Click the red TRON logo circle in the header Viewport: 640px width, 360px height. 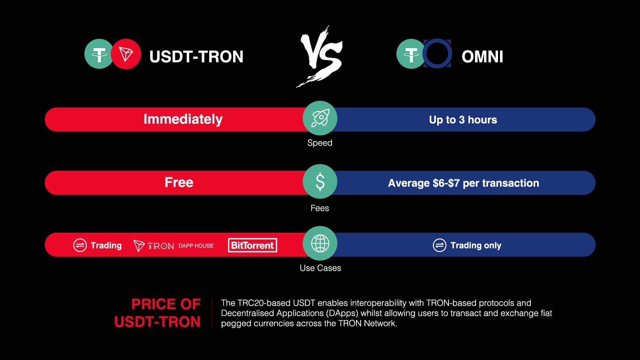(126, 54)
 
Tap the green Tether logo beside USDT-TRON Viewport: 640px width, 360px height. (99, 54)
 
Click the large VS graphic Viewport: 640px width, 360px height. (320, 56)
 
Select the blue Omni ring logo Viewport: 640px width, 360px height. (437, 54)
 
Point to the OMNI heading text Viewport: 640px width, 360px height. (482, 56)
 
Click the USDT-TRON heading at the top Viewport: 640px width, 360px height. (196, 56)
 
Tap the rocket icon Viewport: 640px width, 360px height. (320, 118)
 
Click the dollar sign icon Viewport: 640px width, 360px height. (320, 182)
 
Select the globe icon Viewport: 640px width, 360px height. (320, 244)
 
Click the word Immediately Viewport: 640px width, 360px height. (183, 120)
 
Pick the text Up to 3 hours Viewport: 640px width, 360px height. (463, 120)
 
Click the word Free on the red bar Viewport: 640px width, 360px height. (179, 182)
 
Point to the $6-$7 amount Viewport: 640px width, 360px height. (446, 183)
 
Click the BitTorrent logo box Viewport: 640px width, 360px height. (252, 245)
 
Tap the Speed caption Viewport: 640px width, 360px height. (320, 143)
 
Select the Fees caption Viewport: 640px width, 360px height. (320, 208)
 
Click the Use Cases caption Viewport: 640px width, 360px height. (320, 268)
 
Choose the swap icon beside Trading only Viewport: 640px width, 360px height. (440, 245)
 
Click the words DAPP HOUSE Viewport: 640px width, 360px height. (196, 246)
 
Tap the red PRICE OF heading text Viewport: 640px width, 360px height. (166, 304)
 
